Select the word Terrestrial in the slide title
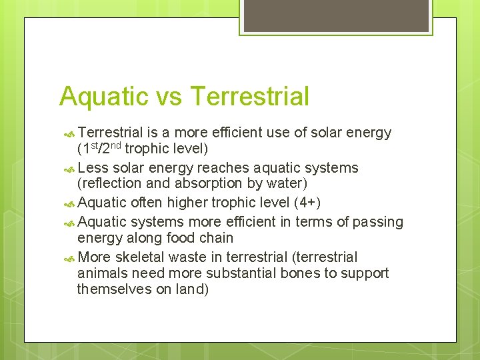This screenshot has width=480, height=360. [249, 97]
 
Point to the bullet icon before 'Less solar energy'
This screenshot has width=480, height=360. [70, 168]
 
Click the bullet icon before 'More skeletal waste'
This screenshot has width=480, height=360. [70, 257]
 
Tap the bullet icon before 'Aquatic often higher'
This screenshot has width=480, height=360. [70, 203]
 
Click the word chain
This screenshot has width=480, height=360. [216, 238]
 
